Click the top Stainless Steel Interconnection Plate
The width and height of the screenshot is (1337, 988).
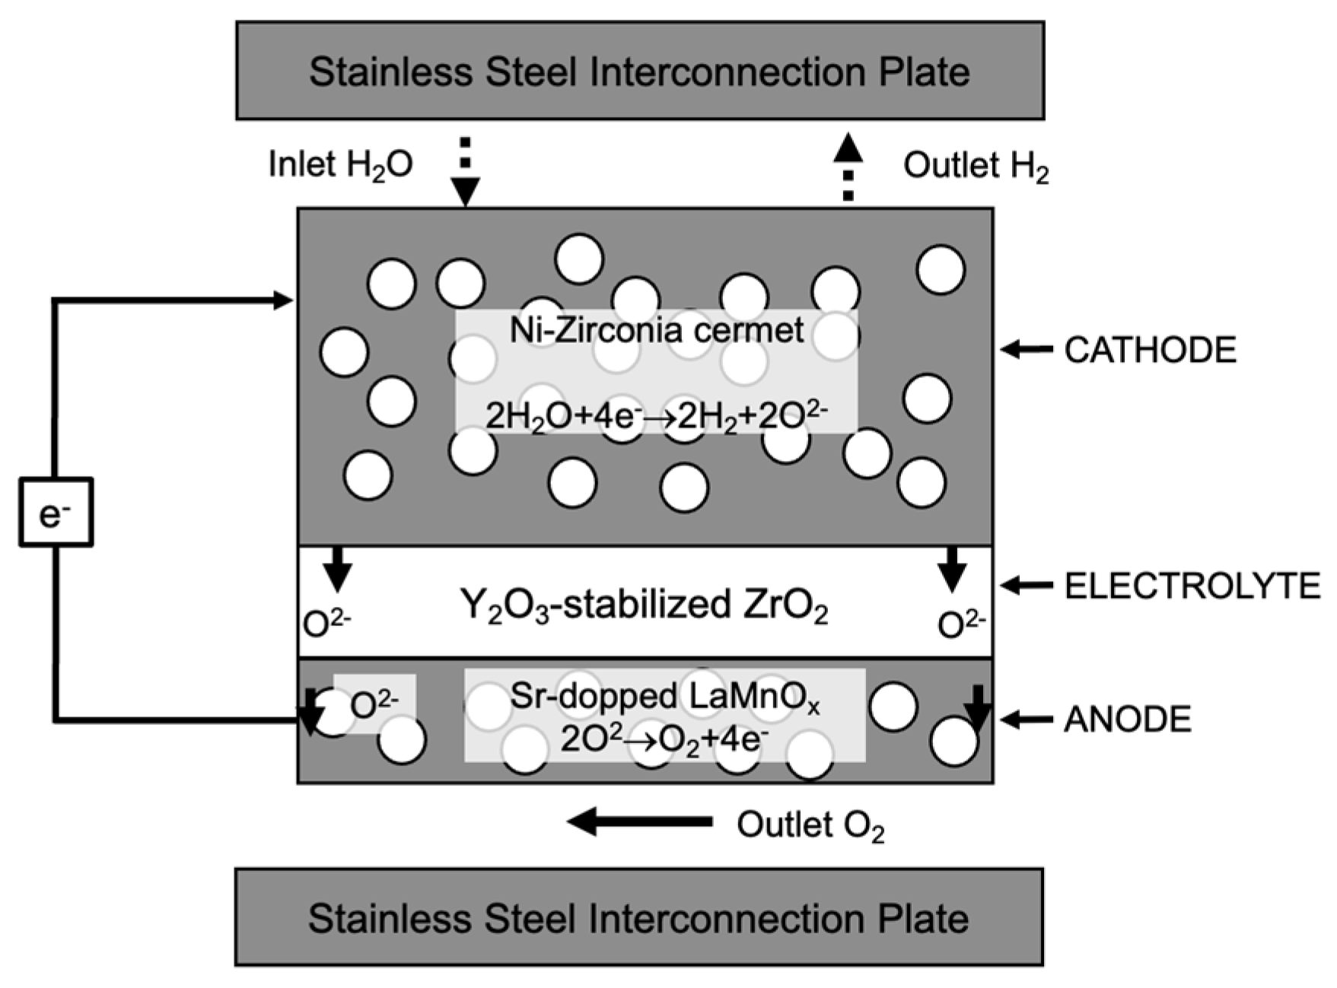pos(639,71)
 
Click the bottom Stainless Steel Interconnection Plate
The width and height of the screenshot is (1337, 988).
pos(639,917)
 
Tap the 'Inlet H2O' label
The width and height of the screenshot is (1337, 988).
pos(340,164)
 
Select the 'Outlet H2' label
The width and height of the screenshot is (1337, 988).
pos(976,166)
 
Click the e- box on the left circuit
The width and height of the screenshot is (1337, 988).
pos(56,512)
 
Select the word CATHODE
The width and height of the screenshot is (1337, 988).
pos(1150,350)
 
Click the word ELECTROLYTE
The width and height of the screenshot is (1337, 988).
pos(1192,586)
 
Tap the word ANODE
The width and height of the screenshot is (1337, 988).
pos(1128,719)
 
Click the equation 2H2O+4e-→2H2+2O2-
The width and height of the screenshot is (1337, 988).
pos(656,415)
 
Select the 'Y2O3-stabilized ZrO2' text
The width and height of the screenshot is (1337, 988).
pos(644,606)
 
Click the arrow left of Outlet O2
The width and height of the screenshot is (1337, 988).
pos(639,821)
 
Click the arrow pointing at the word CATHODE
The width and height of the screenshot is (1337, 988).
pos(1025,350)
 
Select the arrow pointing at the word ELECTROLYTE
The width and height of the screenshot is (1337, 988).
pos(1025,585)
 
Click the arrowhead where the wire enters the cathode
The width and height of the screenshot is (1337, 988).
pos(283,300)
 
